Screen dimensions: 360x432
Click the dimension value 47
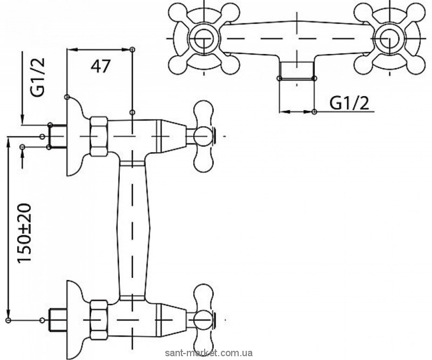tap(100, 66)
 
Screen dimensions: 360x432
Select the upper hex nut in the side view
tap(100, 137)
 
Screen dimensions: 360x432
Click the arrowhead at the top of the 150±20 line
tap(9, 141)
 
